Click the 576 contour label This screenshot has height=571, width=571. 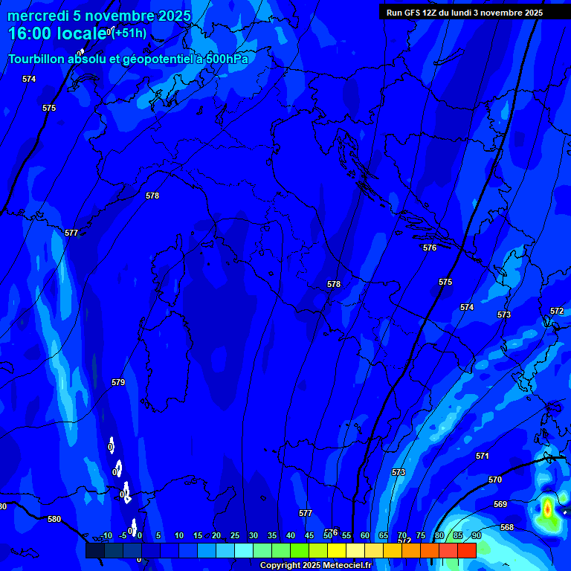pyautogui.click(x=430, y=248)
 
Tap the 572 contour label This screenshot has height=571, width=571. pyautogui.click(x=557, y=311)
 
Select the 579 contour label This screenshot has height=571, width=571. pyautogui.click(x=118, y=382)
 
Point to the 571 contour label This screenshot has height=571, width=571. pyautogui.click(x=483, y=456)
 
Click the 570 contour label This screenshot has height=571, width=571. pyautogui.click(x=495, y=480)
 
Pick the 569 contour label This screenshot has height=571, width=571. pyautogui.click(x=500, y=504)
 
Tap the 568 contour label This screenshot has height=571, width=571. pyautogui.click(x=507, y=527)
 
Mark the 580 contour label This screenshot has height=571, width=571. pyautogui.click(x=54, y=519)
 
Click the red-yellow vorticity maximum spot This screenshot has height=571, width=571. pyautogui.click(x=548, y=508)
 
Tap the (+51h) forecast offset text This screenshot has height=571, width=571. pyautogui.click(x=129, y=33)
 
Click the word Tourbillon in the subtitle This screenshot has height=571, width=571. pyautogui.click(x=37, y=59)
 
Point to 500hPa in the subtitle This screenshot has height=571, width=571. pyautogui.click(x=228, y=59)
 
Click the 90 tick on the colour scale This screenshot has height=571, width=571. pyautogui.click(x=476, y=535)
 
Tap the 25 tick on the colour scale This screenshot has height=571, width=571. pyautogui.click(x=235, y=535)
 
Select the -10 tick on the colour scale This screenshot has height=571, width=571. pyautogui.click(x=106, y=535)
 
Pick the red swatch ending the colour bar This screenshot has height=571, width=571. pyautogui.click(x=466, y=550)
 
